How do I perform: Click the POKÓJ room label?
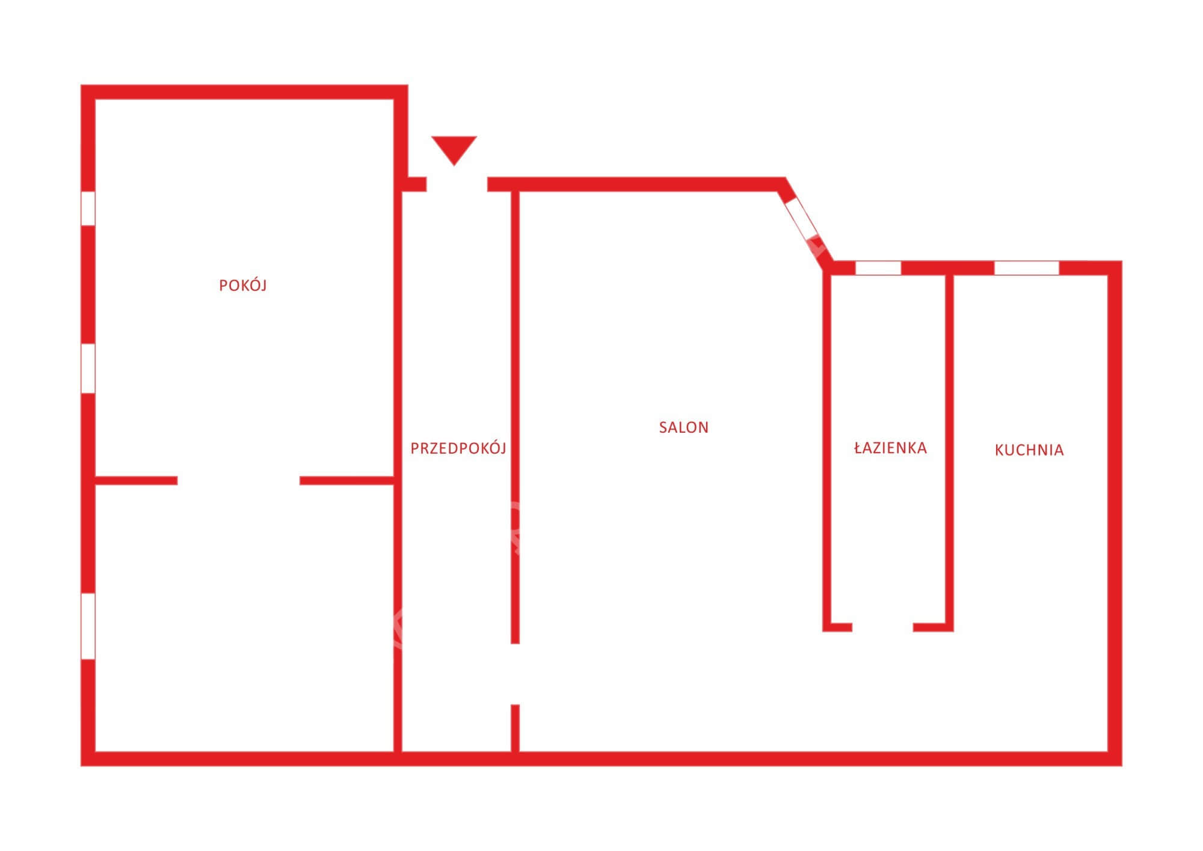click(242, 285)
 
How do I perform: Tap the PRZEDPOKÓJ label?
click(458, 448)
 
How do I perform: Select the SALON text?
click(684, 427)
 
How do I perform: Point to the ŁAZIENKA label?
click(890, 448)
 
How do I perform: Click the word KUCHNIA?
click(1029, 450)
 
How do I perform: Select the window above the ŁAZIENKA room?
click(878, 268)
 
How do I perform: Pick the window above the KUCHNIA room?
click(1027, 268)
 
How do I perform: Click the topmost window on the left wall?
click(88, 209)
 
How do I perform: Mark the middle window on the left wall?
click(88, 368)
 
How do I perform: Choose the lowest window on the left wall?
click(88, 626)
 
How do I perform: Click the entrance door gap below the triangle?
click(457, 185)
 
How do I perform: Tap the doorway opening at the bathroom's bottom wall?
click(882, 627)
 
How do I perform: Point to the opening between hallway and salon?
click(515, 674)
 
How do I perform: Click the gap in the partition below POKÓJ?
click(239, 481)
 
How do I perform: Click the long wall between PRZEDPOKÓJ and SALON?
click(515, 418)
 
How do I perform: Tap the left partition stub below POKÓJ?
click(137, 481)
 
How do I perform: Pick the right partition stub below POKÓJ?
click(347, 481)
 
